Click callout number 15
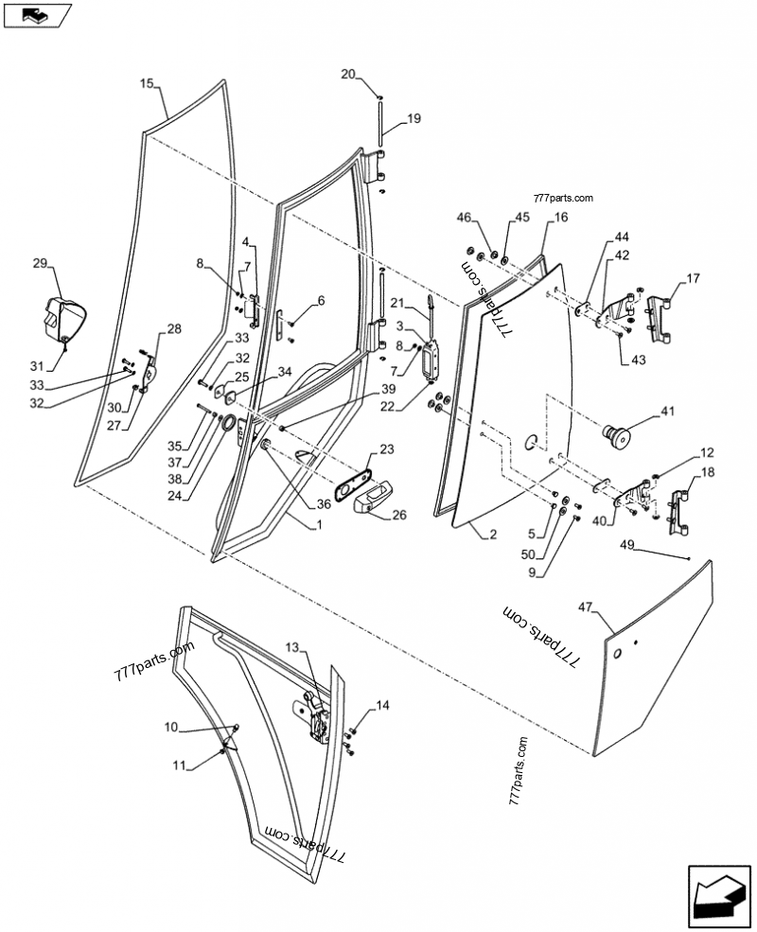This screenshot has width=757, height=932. [147, 83]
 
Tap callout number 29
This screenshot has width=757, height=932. [40, 263]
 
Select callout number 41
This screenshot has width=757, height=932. [668, 411]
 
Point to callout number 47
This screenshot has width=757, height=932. [586, 607]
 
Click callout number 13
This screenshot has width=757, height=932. [293, 647]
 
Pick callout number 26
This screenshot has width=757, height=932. [399, 515]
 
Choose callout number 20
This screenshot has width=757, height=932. [348, 75]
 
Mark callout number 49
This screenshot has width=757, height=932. [626, 544]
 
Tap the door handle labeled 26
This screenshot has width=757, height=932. [371, 497]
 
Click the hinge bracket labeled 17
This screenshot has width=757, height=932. [660, 319]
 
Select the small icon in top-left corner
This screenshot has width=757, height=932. [38, 14]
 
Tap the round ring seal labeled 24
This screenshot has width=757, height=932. [226, 423]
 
